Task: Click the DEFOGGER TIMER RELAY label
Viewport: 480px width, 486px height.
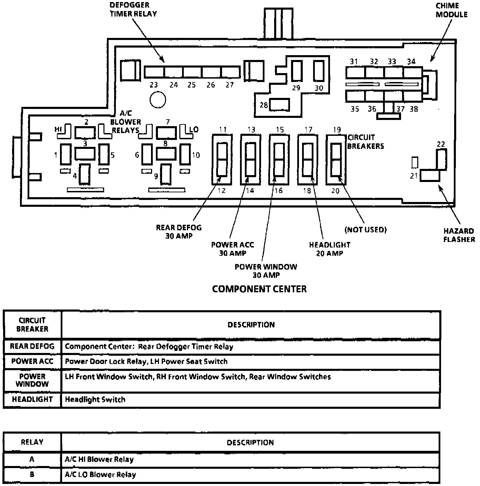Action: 133,10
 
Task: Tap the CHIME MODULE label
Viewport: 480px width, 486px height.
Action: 451,10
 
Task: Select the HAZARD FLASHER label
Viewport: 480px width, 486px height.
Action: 459,235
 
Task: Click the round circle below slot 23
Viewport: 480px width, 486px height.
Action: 158,100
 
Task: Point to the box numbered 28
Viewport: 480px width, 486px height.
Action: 279,105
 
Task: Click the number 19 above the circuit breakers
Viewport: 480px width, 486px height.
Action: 337,130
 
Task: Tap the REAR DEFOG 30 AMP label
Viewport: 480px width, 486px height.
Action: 179,232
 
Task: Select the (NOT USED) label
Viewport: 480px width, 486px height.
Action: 366,230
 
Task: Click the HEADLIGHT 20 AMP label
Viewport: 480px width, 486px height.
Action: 330,249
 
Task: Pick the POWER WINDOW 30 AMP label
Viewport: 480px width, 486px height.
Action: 266,271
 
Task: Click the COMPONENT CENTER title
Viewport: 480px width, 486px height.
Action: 259,289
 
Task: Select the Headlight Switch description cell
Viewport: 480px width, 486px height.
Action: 95,399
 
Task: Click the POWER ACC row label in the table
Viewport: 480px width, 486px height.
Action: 32,361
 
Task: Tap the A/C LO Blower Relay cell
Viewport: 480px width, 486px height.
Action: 100,475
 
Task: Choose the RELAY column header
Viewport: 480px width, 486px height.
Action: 32,442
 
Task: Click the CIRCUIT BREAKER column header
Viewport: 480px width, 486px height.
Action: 32,324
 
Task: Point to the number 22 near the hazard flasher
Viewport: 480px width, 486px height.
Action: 441,144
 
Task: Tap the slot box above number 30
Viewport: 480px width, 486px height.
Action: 319,71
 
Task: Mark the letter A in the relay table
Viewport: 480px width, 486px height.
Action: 32,459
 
